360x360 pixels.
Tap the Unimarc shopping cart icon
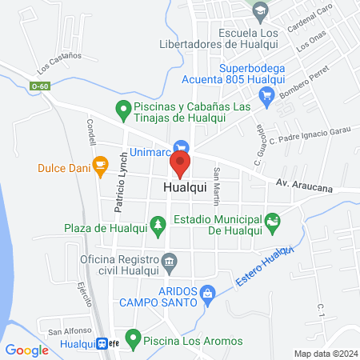click(182, 146)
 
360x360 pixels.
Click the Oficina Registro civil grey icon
click(169, 261)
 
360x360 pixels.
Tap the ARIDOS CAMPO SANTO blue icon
click(208, 294)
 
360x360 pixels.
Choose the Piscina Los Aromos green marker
click(134, 338)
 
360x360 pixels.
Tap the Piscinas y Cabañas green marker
click(122, 107)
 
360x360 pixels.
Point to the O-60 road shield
click(41, 86)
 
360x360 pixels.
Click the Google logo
click(27, 350)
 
